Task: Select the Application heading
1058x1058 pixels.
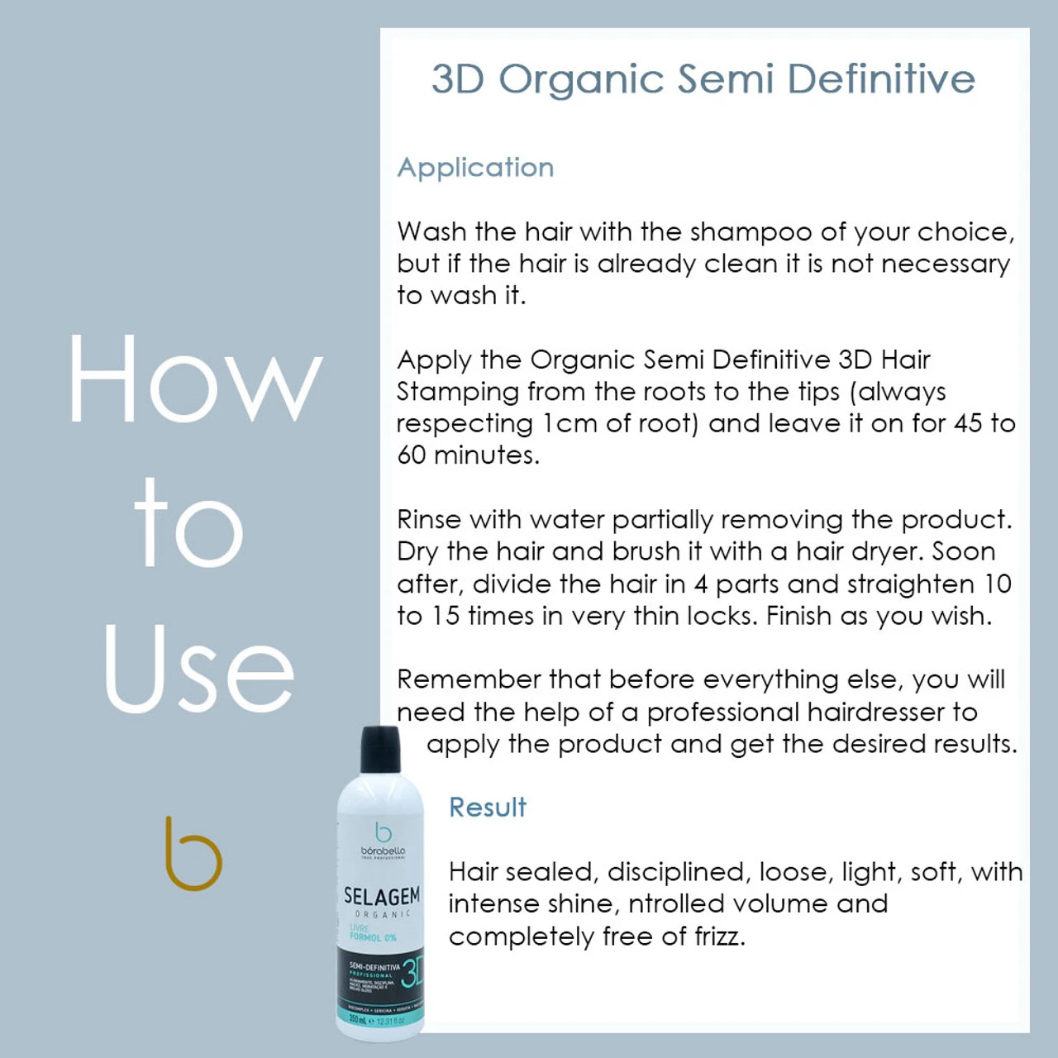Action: [475, 168]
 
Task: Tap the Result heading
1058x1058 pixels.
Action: [487, 808]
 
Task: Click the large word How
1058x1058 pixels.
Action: [194, 380]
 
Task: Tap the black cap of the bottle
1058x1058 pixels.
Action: [381, 749]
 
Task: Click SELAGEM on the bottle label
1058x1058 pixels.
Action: [382, 896]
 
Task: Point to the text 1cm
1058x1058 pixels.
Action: [570, 424]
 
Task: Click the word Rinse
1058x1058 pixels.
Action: [429, 520]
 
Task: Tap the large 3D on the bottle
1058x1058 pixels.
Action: [411, 973]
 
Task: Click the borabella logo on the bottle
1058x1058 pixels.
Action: [383, 840]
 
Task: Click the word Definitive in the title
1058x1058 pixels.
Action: [881, 80]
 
